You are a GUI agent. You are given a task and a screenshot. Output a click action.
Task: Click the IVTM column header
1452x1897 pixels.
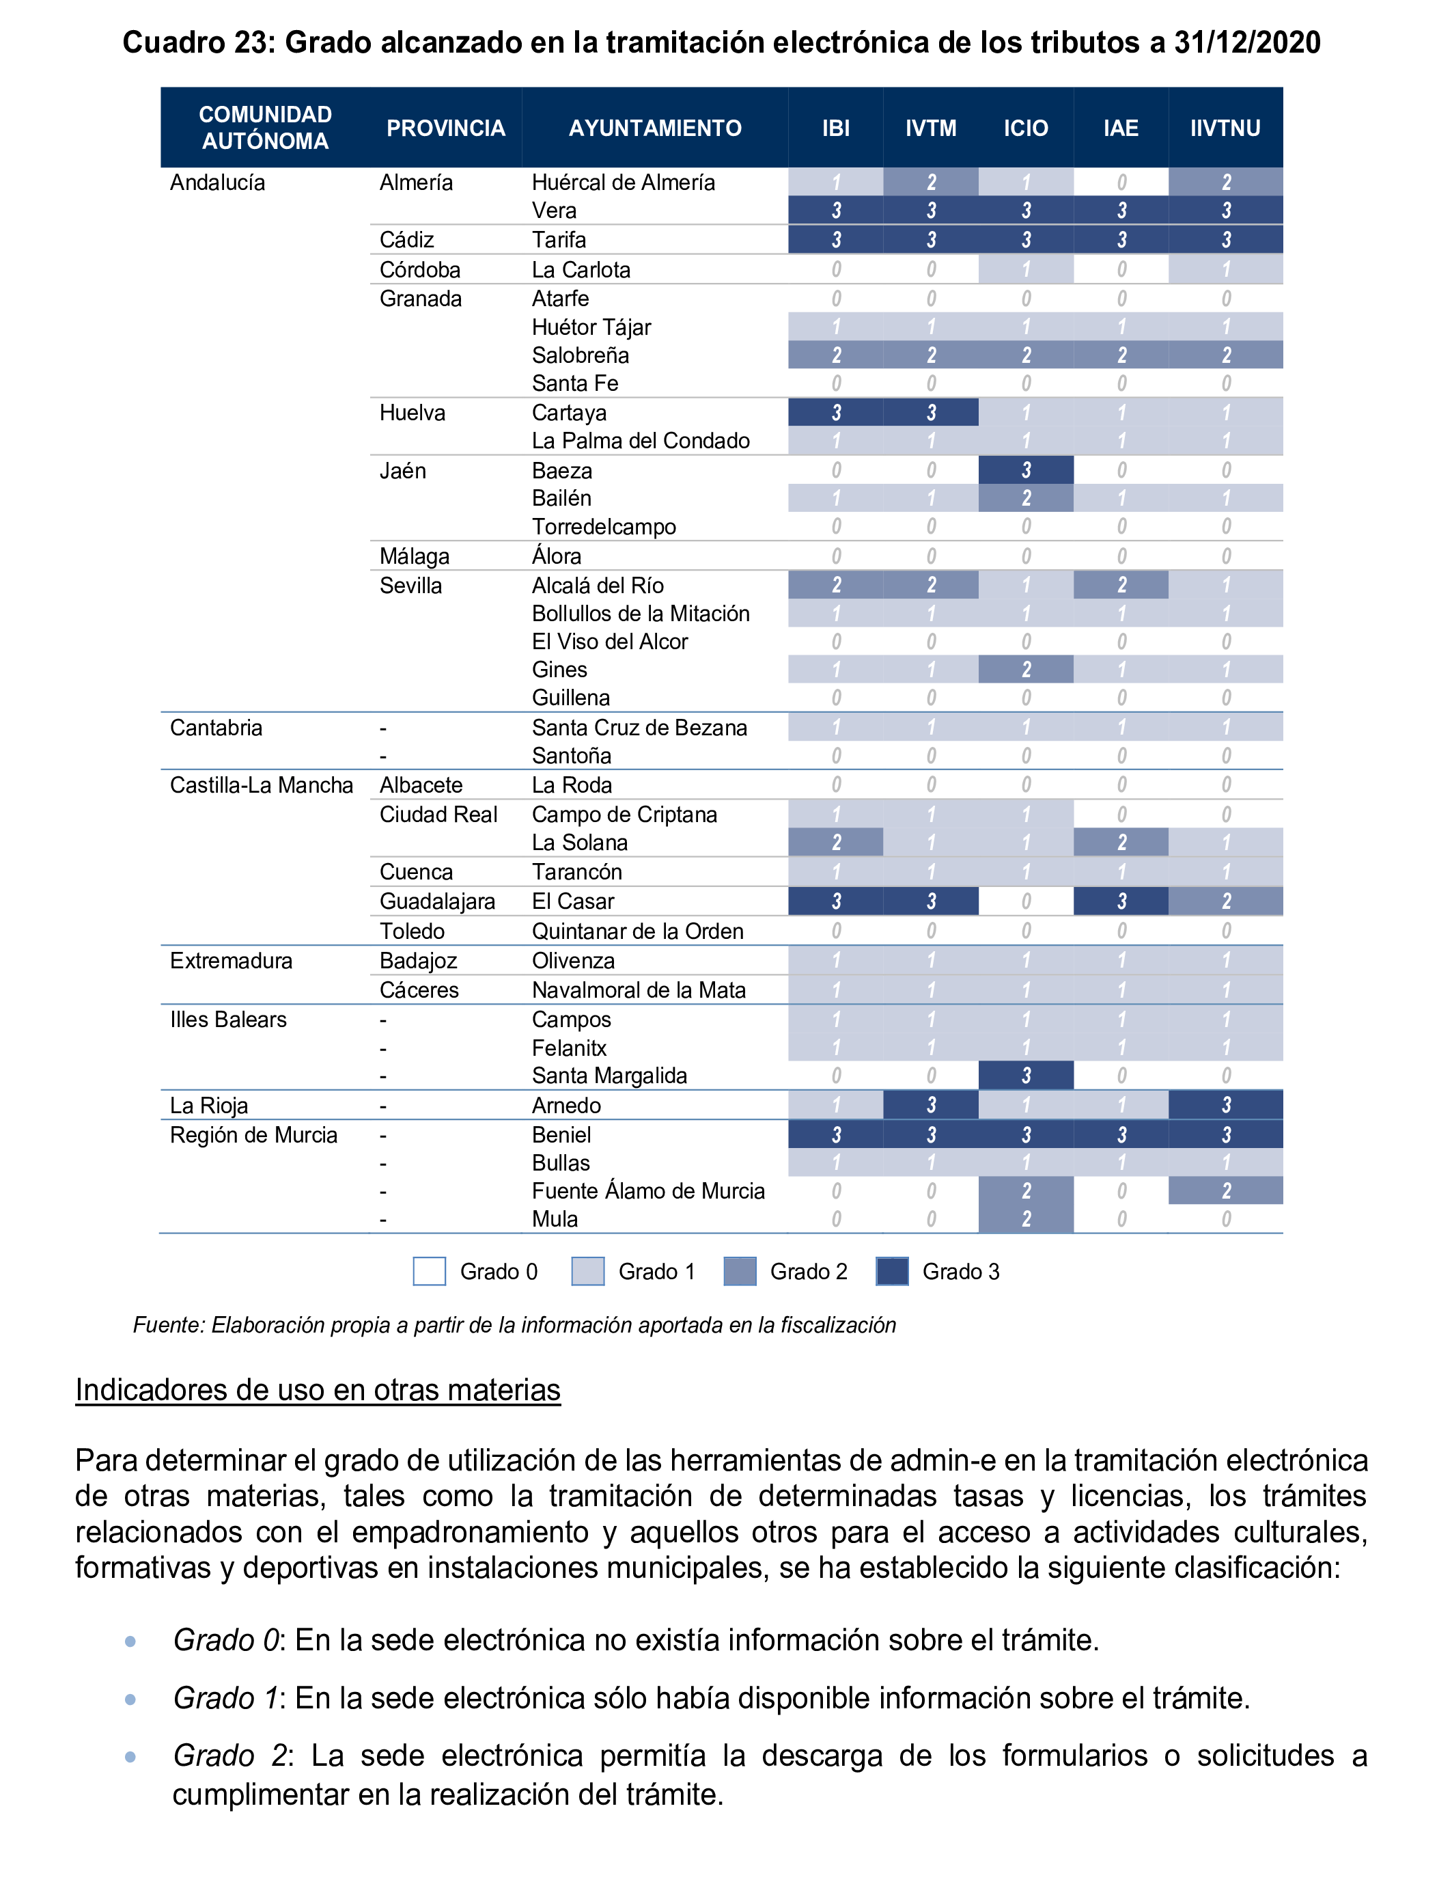(x=930, y=128)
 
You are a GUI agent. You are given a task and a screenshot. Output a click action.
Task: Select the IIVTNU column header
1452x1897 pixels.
(x=1225, y=128)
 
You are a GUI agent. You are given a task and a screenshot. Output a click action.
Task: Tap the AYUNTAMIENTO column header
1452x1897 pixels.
(x=654, y=128)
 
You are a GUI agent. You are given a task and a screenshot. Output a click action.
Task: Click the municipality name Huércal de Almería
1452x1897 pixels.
(x=623, y=182)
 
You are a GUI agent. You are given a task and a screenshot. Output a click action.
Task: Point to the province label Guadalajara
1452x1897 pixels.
(x=436, y=901)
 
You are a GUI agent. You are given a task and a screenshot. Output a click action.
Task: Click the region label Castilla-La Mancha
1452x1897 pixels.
(x=261, y=785)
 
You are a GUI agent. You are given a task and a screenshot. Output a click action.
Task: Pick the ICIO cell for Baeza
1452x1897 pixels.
(x=1026, y=470)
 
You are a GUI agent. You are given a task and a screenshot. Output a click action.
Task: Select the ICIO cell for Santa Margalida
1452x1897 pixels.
(x=1026, y=1076)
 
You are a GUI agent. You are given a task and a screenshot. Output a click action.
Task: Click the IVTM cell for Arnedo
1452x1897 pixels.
(x=931, y=1105)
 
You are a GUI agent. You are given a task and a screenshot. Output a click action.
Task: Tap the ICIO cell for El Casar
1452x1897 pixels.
(x=1026, y=901)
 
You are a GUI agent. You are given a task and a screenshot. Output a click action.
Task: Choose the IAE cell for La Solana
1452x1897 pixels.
(x=1121, y=842)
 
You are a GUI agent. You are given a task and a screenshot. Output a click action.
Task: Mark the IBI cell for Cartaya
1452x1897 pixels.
(x=836, y=413)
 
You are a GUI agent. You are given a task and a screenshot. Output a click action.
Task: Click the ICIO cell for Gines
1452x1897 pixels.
(x=1026, y=669)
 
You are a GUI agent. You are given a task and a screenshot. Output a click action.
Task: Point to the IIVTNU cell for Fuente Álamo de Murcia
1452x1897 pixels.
(x=1225, y=1190)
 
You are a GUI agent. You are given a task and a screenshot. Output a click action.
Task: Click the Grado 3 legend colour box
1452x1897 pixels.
(x=892, y=1271)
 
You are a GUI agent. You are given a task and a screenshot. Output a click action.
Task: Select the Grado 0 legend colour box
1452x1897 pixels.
(x=430, y=1271)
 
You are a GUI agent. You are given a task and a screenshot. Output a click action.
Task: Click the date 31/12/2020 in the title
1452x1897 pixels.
(x=1246, y=42)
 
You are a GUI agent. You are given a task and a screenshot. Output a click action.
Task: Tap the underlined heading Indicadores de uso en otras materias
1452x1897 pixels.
(x=318, y=1389)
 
